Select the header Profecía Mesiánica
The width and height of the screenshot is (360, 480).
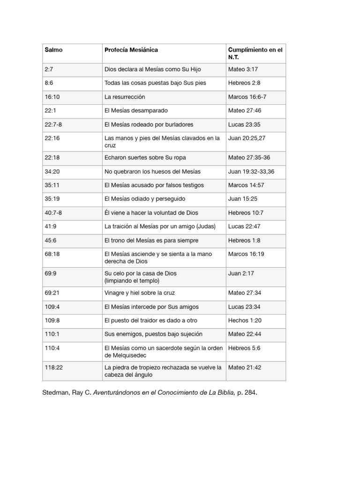tap(131, 50)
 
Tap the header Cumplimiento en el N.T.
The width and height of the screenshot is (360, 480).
tap(255, 53)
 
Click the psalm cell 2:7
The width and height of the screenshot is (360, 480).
tap(49, 69)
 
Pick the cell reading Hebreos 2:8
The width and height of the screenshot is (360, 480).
tap(244, 83)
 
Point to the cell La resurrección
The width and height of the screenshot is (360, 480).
tap(125, 97)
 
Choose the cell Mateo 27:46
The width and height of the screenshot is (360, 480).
tap(244, 111)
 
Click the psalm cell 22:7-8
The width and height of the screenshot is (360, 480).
tap(53, 125)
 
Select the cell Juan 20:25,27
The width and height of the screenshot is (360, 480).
tap(247, 138)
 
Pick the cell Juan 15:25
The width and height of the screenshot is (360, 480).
tap(241, 199)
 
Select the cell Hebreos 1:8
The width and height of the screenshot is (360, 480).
tap(244, 240)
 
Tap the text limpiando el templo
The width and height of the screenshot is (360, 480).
tap(132, 281)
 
